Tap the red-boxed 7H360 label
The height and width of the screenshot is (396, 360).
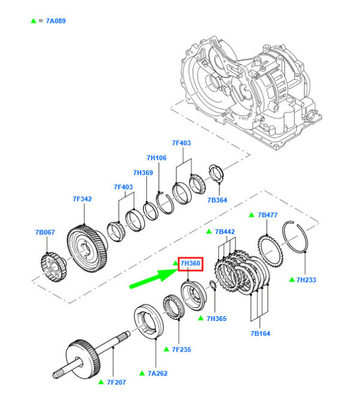(x=190, y=263)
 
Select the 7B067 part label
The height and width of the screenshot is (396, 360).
(x=45, y=232)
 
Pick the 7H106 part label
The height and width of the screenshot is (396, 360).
(x=156, y=158)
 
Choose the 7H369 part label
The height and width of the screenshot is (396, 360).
(x=143, y=173)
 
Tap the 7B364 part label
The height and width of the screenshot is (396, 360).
(x=218, y=200)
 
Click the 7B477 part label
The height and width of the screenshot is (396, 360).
(x=268, y=215)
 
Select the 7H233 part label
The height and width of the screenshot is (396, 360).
(x=306, y=280)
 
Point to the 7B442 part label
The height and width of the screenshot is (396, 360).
(x=224, y=232)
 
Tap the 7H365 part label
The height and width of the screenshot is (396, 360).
(x=217, y=319)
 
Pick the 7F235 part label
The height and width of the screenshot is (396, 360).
(x=181, y=349)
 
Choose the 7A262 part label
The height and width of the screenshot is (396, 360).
(x=157, y=373)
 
